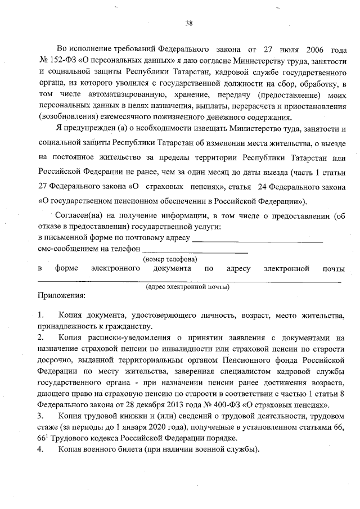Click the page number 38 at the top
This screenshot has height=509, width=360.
point(189,23)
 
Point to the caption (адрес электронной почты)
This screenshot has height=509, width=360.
point(187,287)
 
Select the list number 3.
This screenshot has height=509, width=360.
point(40,416)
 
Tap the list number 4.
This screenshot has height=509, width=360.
point(40,450)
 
